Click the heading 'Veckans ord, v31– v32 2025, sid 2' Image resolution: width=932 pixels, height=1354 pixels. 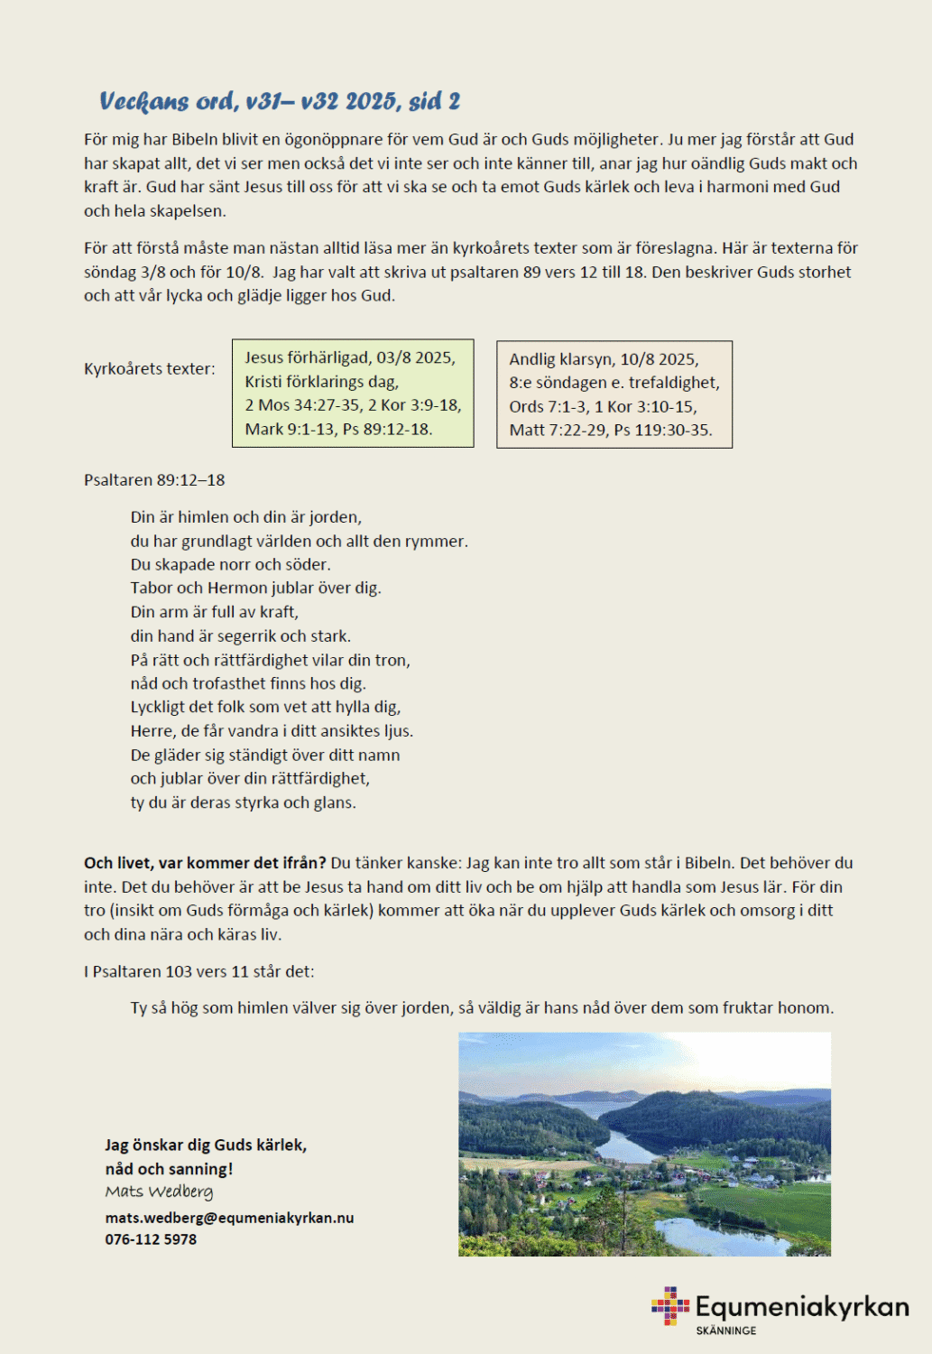pyautogui.click(x=280, y=101)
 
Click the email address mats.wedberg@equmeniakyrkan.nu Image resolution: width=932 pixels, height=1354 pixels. pyautogui.click(x=229, y=1218)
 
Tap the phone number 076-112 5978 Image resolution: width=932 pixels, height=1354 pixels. pyautogui.click(x=151, y=1239)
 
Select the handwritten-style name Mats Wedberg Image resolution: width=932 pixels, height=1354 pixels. pyautogui.click(x=159, y=1192)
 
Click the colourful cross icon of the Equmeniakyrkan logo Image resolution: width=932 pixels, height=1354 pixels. pyautogui.click(x=669, y=1305)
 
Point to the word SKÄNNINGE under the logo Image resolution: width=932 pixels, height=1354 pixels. pyautogui.click(x=725, y=1331)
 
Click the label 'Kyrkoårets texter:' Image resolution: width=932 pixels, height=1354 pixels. pyautogui.click(x=150, y=368)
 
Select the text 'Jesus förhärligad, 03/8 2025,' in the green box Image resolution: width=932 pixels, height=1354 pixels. pyautogui.click(x=350, y=357)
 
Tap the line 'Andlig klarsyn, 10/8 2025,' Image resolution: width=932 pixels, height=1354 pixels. pyautogui.click(x=604, y=359)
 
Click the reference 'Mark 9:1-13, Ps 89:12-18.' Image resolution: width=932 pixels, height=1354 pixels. pyautogui.click(x=338, y=429)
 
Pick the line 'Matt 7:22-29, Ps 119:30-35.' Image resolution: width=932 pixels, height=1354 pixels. pyautogui.click(x=611, y=430)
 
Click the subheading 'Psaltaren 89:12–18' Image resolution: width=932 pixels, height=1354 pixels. pyautogui.click(x=154, y=480)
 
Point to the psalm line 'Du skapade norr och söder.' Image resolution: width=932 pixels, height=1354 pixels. pyautogui.click(x=230, y=564)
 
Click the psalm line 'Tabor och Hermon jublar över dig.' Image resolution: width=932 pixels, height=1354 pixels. pyautogui.click(x=255, y=588)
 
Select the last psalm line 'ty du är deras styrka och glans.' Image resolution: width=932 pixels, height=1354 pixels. pyautogui.click(x=243, y=802)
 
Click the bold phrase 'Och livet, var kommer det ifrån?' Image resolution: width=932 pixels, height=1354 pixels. pyautogui.click(x=205, y=863)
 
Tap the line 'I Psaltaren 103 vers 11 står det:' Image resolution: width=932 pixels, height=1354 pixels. pyautogui.click(x=198, y=971)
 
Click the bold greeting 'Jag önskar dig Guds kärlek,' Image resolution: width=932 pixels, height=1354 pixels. pyautogui.click(x=206, y=1145)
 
